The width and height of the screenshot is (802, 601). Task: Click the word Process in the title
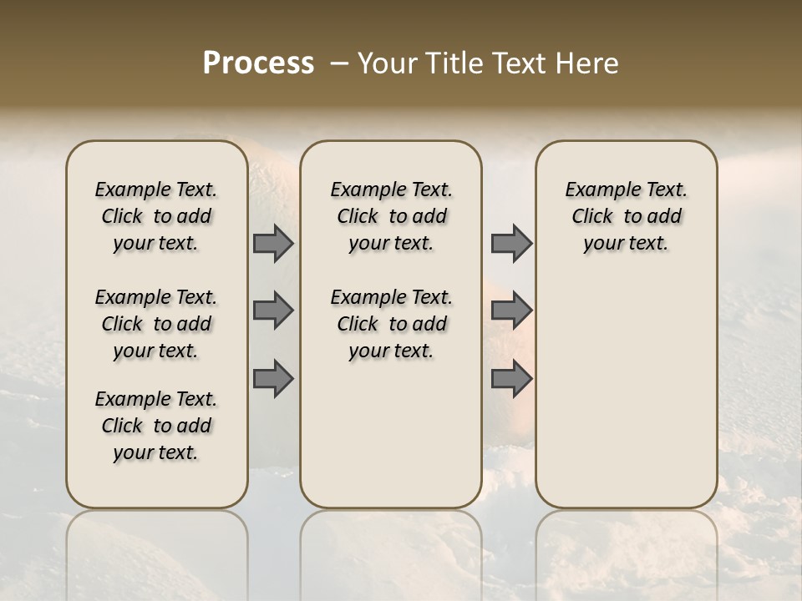point(258,63)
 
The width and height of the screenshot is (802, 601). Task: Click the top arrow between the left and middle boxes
point(272,243)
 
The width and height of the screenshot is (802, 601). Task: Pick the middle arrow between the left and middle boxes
point(272,311)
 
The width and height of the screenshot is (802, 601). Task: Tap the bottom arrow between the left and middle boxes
point(272,379)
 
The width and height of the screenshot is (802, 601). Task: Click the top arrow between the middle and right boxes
point(511,243)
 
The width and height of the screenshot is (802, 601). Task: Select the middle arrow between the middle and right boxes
point(511,311)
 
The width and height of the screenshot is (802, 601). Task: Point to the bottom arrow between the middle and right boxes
point(511,379)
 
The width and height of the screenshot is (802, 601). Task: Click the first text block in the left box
point(156,216)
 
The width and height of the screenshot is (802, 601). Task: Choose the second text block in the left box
point(156,324)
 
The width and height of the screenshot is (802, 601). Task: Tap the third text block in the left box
point(156,426)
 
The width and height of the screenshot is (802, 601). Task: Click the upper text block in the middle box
point(391,216)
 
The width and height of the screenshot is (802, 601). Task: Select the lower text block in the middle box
point(391,324)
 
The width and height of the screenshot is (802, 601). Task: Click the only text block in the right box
point(627,216)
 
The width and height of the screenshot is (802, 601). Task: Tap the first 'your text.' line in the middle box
point(391,244)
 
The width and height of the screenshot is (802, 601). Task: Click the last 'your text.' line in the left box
point(156,453)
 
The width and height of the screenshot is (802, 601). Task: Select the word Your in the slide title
point(387,63)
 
